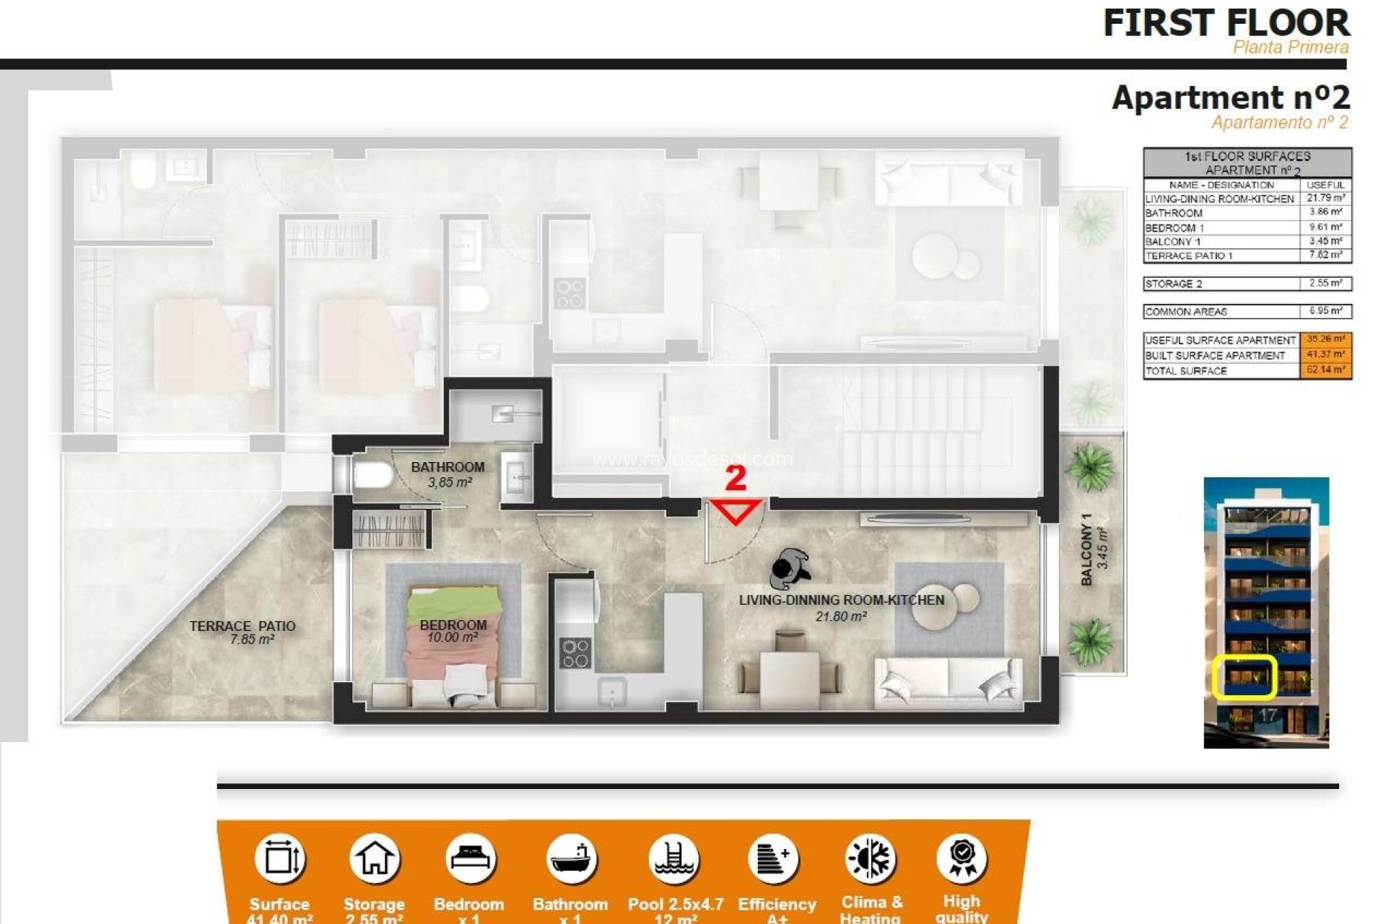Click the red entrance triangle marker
[736, 511]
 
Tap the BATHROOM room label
[448, 467]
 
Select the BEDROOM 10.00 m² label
[453, 630]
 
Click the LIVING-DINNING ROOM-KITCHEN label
[841, 600]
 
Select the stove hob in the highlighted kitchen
[575, 653]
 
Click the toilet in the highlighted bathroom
[371, 476]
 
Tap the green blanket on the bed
[453, 601]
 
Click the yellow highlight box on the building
[1244, 677]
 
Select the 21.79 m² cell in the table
[1325, 198]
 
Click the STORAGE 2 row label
[1174, 284]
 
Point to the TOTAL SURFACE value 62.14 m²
[1325, 370]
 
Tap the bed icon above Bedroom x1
[470, 859]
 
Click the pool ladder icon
[674, 859]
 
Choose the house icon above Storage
[374, 859]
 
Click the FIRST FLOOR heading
[1226, 23]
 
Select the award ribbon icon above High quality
[962, 858]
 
